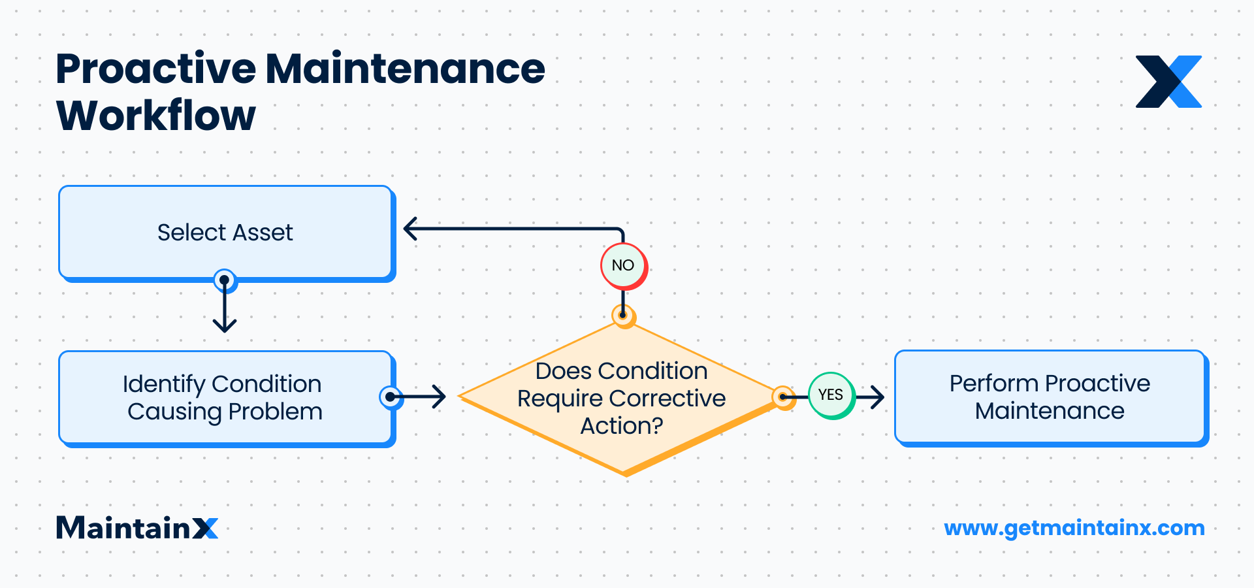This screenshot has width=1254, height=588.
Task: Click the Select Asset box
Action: (x=225, y=233)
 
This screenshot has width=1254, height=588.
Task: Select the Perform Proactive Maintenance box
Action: (x=1050, y=397)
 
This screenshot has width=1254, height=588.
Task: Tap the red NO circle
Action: (x=623, y=265)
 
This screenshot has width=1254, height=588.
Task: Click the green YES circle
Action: (x=831, y=395)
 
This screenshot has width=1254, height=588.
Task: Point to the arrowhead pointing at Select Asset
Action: (x=410, y=229)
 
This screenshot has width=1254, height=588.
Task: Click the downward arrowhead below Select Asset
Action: (x=225, y=325)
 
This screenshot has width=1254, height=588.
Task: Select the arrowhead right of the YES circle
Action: (x=878, y=396)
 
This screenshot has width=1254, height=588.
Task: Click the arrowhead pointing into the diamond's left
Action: (x=440, y=396)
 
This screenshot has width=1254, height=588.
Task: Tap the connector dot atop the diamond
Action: (x=624, y=315)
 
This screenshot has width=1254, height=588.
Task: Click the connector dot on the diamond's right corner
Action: (x=782, y=397)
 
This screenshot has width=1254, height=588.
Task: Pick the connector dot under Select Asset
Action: (x=225, y=280)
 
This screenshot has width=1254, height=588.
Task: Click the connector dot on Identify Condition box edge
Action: (x=390, y=397)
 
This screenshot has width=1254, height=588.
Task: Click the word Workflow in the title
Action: (x=156, y=116)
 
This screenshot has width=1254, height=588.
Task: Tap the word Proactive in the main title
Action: (x=156, y=69)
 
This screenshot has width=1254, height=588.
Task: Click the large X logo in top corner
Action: (x=1168, y=82)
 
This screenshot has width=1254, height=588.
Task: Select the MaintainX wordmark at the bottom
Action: (x=137, y=528)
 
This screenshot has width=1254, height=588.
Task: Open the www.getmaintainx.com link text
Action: (x=1074, y=528)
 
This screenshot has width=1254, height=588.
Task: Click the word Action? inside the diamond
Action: (x=622, y=426)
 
